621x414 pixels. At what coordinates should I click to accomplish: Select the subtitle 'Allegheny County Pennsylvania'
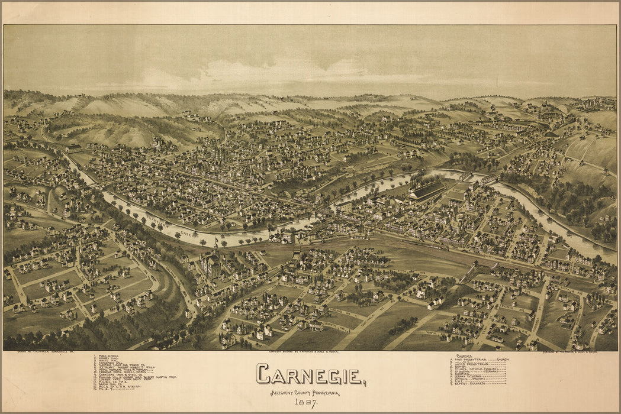[305, 393]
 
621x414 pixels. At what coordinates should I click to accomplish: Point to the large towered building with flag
[210, 263]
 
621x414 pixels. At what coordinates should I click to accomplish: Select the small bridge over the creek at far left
[95, 185]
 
